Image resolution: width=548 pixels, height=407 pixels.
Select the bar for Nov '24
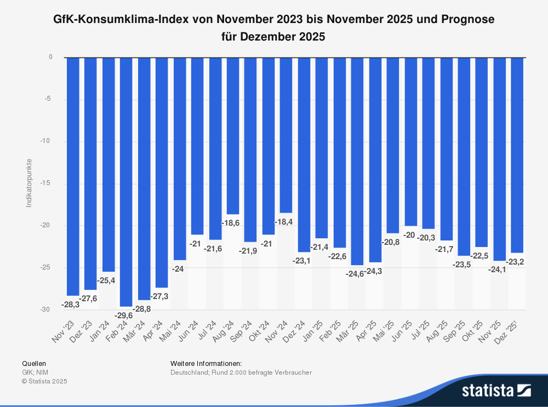point(286,135)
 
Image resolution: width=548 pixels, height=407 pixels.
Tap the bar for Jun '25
point(410,141)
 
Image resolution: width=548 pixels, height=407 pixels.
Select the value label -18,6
point(231,223)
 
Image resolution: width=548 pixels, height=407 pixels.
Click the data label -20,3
point(427,238)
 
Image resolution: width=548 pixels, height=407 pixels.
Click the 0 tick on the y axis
point(50,57)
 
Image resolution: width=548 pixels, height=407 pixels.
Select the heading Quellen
point(34,363)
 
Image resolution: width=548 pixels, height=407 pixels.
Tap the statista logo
point(496,390)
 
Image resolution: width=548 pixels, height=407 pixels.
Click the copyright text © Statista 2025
point(44,381)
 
